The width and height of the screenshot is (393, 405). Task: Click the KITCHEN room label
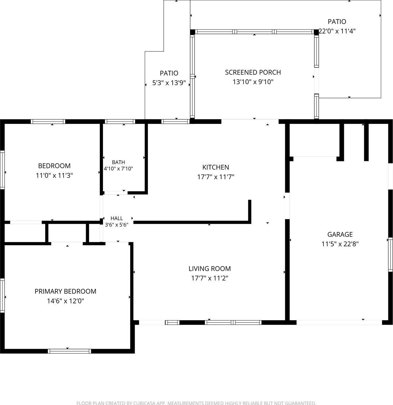coord(216,167)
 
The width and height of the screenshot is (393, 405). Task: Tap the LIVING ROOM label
coord(210,269)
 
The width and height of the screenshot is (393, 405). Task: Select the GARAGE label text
coord(340,234)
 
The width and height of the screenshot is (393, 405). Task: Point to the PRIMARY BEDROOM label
coord(65,291)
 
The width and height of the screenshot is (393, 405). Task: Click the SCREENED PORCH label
coord(253,72)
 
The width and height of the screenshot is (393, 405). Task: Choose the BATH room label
coord(118,162)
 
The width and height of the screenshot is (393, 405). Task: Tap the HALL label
coord(116,218)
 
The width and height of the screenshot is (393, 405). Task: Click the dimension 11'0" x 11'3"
coord(54,176)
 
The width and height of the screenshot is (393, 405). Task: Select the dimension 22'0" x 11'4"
coord(337,31)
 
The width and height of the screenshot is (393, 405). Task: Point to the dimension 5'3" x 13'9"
coord(169,83)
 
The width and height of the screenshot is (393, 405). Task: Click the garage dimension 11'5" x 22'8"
coord(340,244)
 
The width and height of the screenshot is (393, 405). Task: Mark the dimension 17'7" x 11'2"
coord(210,278)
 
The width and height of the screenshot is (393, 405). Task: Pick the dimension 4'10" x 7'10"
coord(118,169)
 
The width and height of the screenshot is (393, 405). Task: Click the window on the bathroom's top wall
coord(120,121)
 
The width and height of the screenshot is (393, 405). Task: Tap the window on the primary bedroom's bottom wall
coord(70,351)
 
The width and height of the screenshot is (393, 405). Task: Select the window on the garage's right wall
coord(390,255)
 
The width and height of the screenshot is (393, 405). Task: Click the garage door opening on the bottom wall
coord(339,322)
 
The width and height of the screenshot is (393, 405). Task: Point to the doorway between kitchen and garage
coord(287,206)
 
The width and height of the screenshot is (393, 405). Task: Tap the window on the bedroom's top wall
coord(48,121)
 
